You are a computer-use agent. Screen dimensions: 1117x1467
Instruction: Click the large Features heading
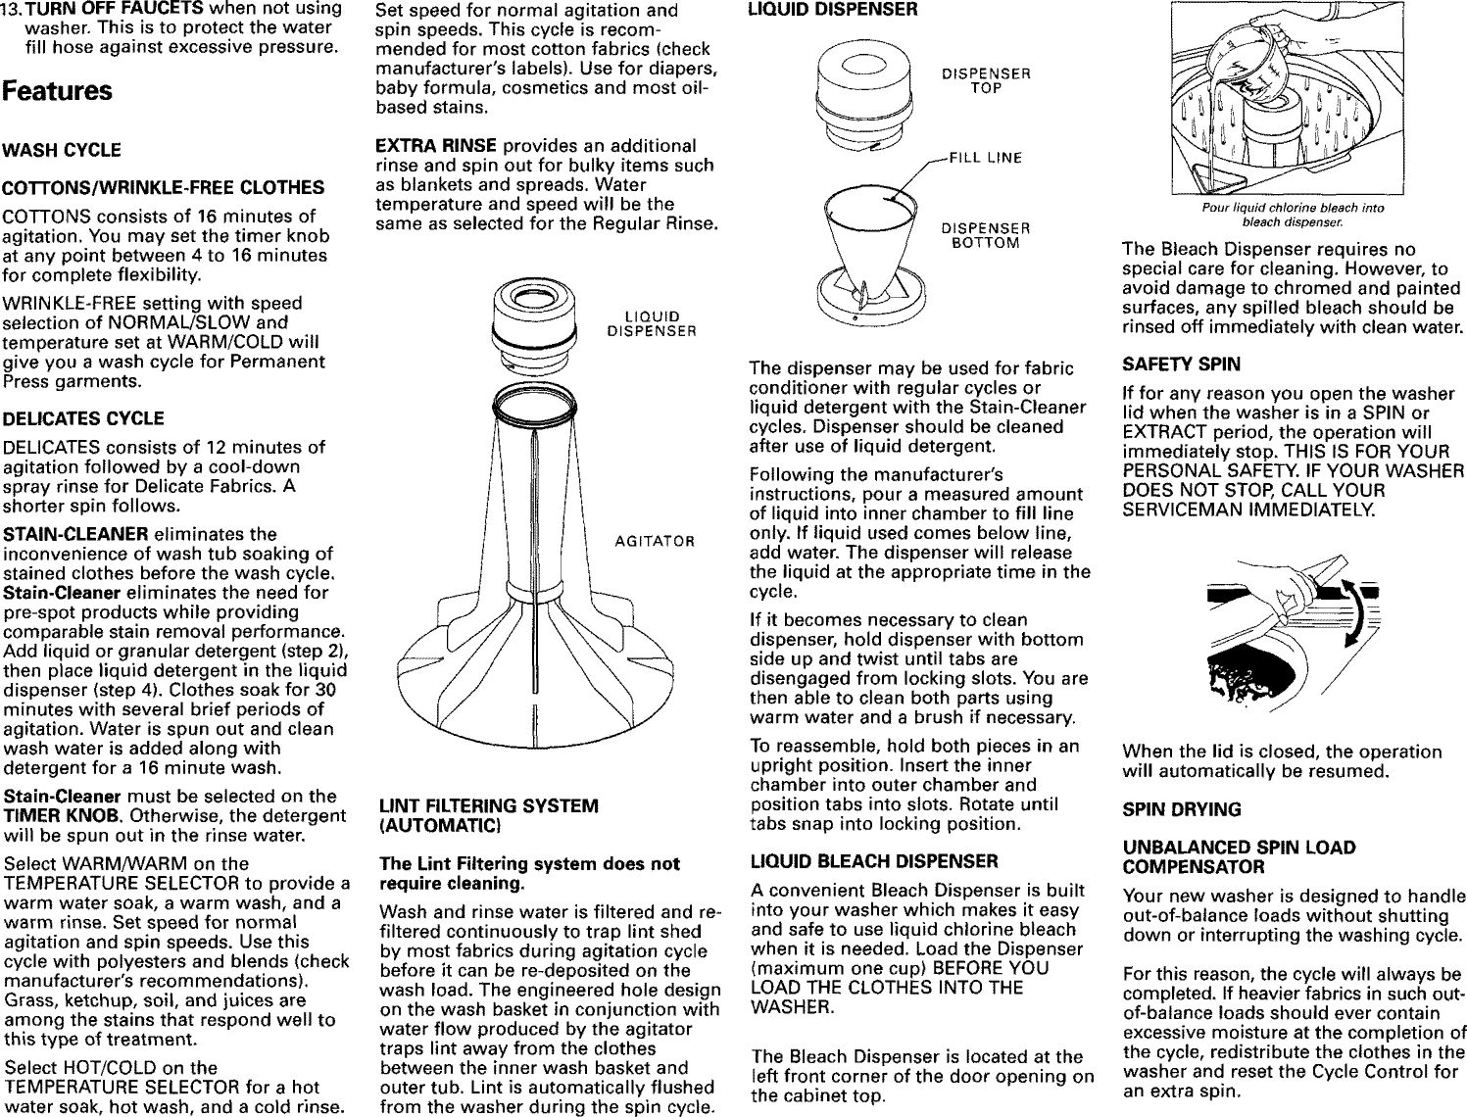57,92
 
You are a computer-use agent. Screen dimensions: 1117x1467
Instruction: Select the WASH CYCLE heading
63,150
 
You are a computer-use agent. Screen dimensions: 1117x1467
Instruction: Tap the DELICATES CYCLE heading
84,418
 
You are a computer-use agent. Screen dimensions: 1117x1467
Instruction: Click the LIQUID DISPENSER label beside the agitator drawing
652,322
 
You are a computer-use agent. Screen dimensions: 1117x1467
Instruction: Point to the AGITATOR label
655,541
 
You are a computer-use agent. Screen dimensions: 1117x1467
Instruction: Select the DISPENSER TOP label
986,80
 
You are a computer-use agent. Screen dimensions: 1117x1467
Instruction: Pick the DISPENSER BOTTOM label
986,236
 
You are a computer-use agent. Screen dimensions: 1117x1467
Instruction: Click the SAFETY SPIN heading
1181,364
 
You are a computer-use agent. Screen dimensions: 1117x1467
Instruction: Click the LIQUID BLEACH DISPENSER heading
874,861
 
